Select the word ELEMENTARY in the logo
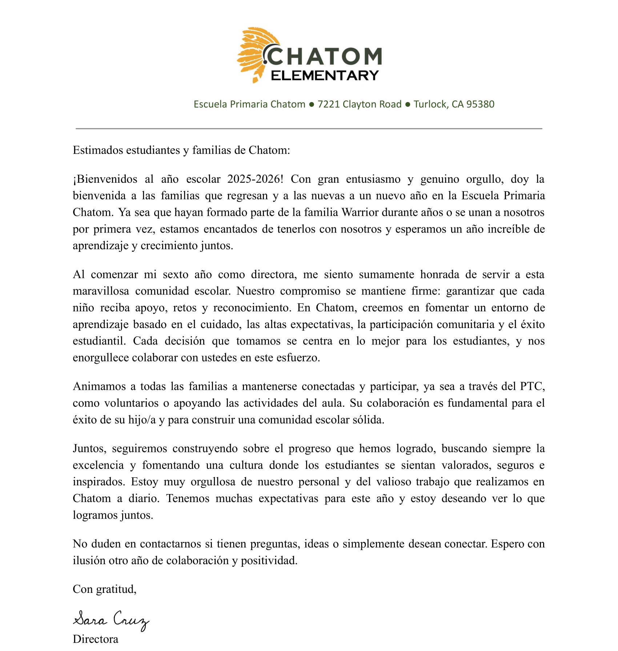[325, 76]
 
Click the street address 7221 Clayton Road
[359, 104]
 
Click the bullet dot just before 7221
[311, 105]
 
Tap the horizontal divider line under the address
[309, 129]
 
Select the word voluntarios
[131, 403]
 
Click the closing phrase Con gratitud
[104, 589]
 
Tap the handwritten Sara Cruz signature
[111, 620]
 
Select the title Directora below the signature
[95, 639]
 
